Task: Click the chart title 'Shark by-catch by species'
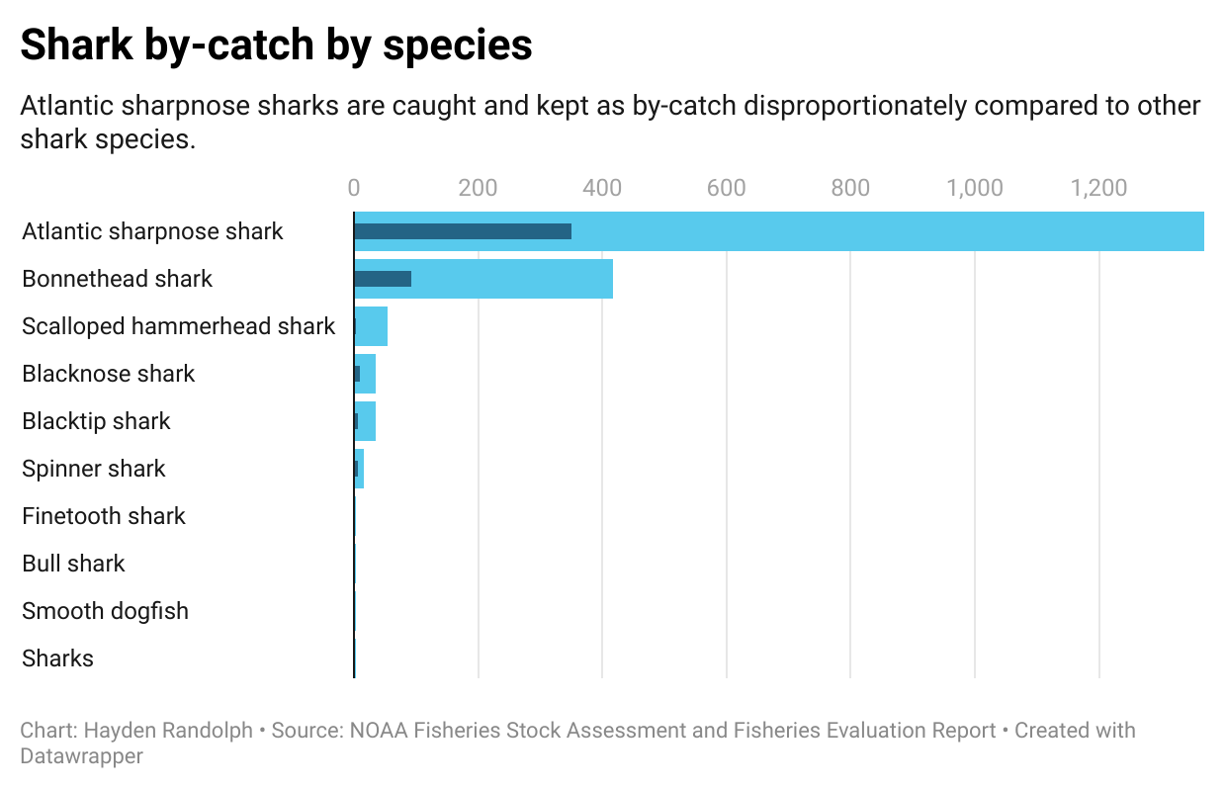(x=276, y=45)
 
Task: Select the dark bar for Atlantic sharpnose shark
(x=462, y=231)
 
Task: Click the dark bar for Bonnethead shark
(x=383, y=279)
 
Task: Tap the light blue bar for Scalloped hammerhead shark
(x=373, y=326)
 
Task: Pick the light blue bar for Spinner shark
(x=361, y=469)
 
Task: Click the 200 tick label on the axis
(x=478, y=188)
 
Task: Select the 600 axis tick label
(x=727, y=188)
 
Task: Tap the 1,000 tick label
(x=975, y=188)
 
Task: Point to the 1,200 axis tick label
(x=1098, y=188)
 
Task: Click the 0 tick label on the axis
(x=354, y=188)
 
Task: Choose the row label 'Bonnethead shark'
(x=117, y=279)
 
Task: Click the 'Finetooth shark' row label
(x=104, y=516)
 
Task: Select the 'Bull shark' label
(x=73, y=564)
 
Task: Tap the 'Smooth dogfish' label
(x=105, y=611)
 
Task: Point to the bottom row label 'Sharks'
(x=57, y=658)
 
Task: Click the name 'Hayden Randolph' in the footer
(x=168, y=731)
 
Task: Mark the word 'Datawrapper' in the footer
(x=81, y=756)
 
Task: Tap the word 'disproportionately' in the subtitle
(x=849, y=106)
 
